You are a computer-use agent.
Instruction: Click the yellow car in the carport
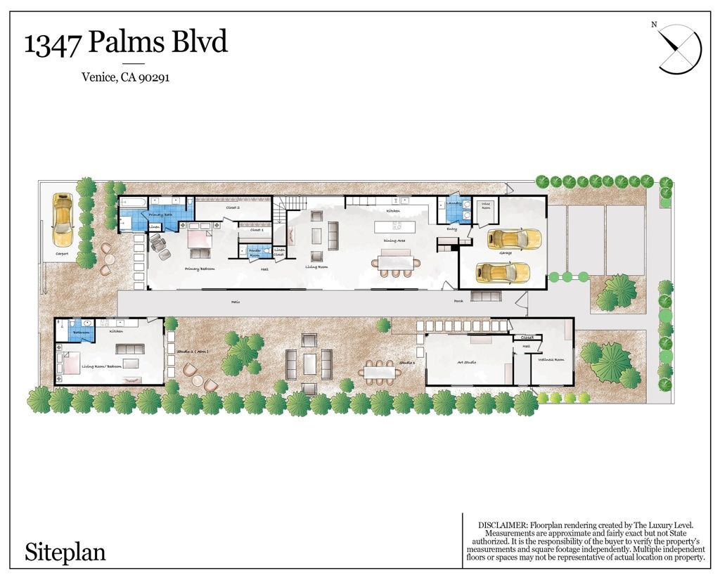pos(63,217)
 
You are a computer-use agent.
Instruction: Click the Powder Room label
pos(255,252)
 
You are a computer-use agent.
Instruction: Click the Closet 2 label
pos(233,208)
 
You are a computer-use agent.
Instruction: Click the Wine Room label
pos(486,207)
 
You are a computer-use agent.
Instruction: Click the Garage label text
pos(505,252)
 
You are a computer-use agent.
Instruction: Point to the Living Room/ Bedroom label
pos(103,366)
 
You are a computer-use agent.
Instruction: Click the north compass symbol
pos(679,47)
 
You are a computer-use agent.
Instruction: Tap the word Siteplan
pos(65,551)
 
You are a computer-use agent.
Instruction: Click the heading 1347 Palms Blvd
pos(126,43)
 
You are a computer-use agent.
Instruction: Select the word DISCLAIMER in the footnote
pos(501,525)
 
